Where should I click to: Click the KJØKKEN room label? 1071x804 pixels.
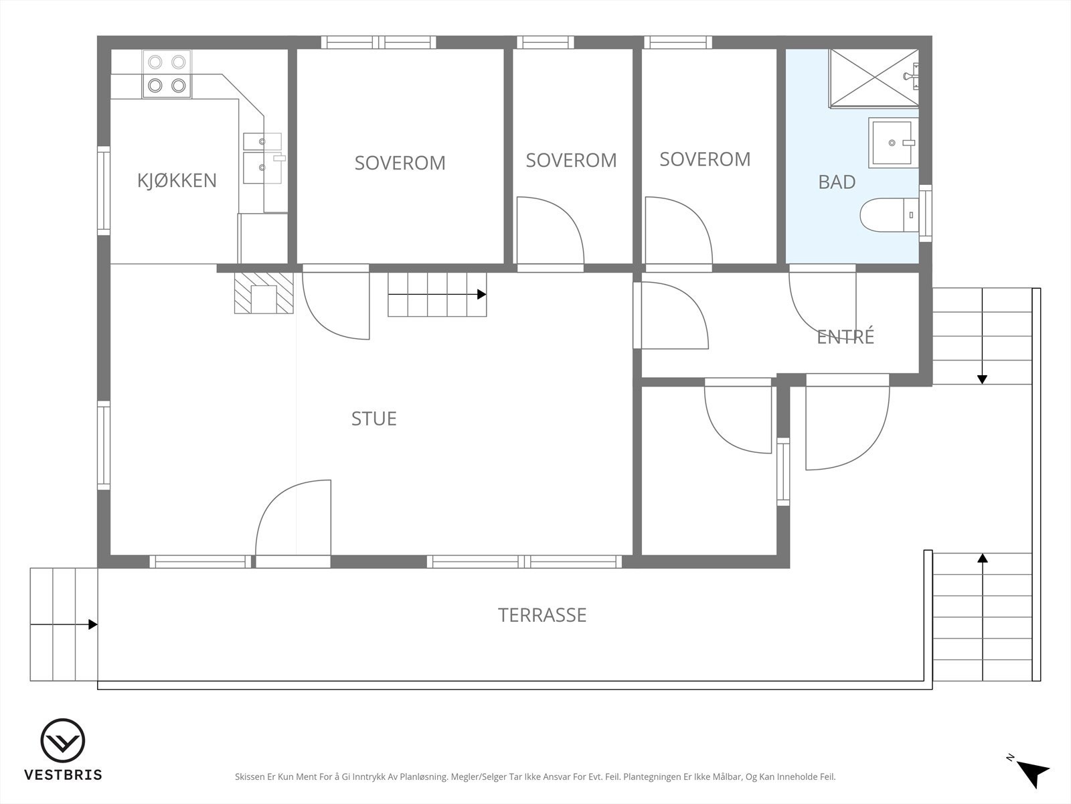[x=177, y=180]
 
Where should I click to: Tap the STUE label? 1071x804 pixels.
[x=374, y=419]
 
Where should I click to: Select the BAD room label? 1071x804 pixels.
[x=837, y=182]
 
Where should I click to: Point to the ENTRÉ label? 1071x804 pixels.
[x=845, y=336]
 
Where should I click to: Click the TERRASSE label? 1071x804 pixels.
[x=542, y=615]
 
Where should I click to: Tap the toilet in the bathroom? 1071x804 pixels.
[x=889, y=215]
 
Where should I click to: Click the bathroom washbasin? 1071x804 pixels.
[x=892, y=143]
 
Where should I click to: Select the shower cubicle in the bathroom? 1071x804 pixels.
[x=874, y=78]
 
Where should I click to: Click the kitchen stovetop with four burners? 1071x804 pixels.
[x=167, y=74]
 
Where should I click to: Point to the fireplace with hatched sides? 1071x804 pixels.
[x=264, y=293]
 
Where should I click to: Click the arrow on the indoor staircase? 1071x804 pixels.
[x=437, y=294]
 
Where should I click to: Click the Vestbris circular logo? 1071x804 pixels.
[x=62, y=740]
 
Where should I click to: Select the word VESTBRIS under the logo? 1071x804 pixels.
[x=63, y=775]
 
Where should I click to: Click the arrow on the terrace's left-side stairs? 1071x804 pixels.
[x=64, y=624]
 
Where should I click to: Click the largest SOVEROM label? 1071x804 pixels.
[x=400, y=163]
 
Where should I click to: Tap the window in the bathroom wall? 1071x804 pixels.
[x=925, y=213]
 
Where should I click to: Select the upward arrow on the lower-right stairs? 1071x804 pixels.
[x=983, y=617]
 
